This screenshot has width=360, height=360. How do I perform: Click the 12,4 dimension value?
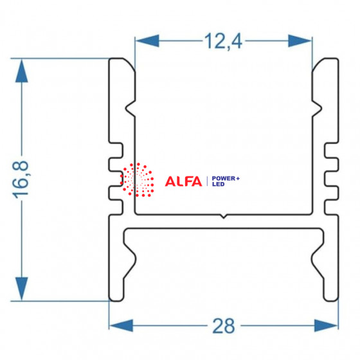pyautogui.click(x=223, y=41)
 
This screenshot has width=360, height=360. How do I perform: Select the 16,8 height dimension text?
pyautogui.click(x=21, y=180)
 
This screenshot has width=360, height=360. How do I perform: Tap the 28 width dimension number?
pyautogui.click(x=224, y=326)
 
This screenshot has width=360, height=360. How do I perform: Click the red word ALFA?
pyautogui.click(x=183, y=181)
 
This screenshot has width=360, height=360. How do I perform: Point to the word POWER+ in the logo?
pyautogui.click(x=226, y=179)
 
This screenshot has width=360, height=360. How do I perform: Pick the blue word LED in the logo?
pyautogui.click(x=218, y=184)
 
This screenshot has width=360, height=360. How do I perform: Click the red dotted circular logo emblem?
pyautogui.click(x=137, y=180)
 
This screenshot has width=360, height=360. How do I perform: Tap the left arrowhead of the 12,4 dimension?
pyautogui.click(x=147, y=41)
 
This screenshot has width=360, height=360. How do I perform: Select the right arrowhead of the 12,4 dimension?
pyautogui.click(x=300, y=41)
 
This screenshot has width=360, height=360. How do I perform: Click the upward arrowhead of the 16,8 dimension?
pyautogui.click(x=22, y=71)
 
